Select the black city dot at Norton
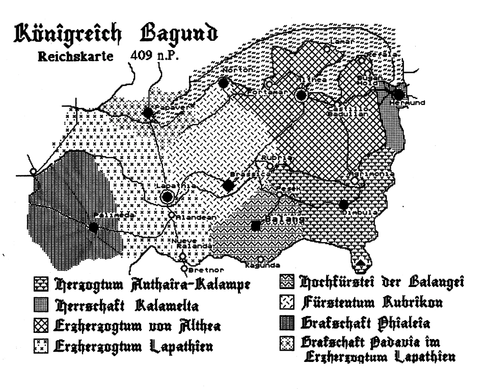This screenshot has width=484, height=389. [223, 82]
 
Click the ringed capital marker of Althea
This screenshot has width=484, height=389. [302, 94]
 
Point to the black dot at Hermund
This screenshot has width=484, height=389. [399, 94]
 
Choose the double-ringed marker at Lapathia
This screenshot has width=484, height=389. [167, 197]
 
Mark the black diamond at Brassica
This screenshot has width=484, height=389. [229, 186]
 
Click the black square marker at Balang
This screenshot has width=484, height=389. [256, 225]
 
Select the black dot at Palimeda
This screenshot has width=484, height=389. [93, 228]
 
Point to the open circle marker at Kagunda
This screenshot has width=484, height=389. [261, 259]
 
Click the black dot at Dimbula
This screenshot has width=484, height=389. [344, 205]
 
